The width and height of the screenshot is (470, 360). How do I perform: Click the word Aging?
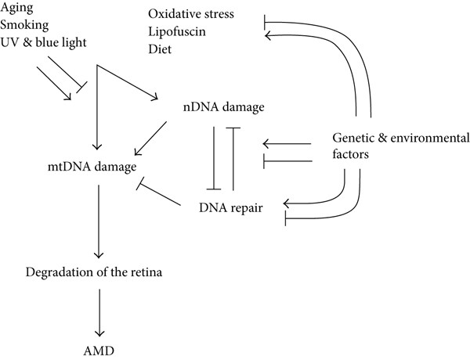click(x=16, y=8)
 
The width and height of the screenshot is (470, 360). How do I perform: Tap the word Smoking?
click(x=24, y=25)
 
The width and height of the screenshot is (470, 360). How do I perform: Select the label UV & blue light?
click(x=43, y=42)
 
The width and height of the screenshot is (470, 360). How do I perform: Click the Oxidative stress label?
click(x=191, y=14)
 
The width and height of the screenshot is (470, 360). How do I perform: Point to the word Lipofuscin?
click(x=177, y=31)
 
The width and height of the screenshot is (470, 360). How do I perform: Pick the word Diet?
click(x=160, y=49)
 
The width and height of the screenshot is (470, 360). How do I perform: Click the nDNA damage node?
click(x=223, y=107)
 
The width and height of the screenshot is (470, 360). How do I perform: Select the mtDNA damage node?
click(x=92, y=167)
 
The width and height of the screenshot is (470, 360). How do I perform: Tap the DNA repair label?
click(x=231, y=208)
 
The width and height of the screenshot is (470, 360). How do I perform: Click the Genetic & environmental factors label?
click(x=401, y=146)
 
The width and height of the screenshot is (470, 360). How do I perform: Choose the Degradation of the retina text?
click(x=94, y=272)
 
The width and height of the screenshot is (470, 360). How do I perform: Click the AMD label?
click(x=99, y=351)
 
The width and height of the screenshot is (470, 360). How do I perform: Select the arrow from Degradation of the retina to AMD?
click(x=99, y=313)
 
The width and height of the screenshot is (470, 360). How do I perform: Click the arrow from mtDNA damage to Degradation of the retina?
click(x=99, y=221)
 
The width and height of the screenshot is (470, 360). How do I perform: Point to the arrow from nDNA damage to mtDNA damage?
click(x=150, y=139)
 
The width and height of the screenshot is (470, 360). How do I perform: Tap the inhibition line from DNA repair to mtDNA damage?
click(x=158, y=194)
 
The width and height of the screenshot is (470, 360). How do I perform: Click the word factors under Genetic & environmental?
click(x=350, y=154)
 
